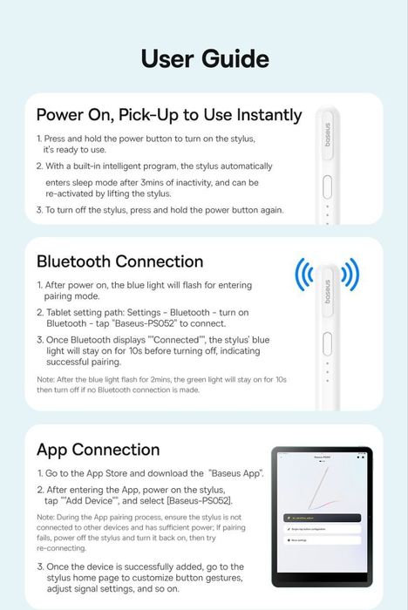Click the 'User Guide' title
click(x=204, y=58)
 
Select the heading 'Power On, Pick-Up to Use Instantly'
click(x=169, y=115)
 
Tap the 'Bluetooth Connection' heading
click(x=120, y=261)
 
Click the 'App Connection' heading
click(x=98, y=450)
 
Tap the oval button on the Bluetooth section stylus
click(x=327, y=340)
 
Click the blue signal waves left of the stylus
click(x=303, y=274)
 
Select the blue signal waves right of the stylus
click(x=350, y=274)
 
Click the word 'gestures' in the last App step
click(x=218, y=578)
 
